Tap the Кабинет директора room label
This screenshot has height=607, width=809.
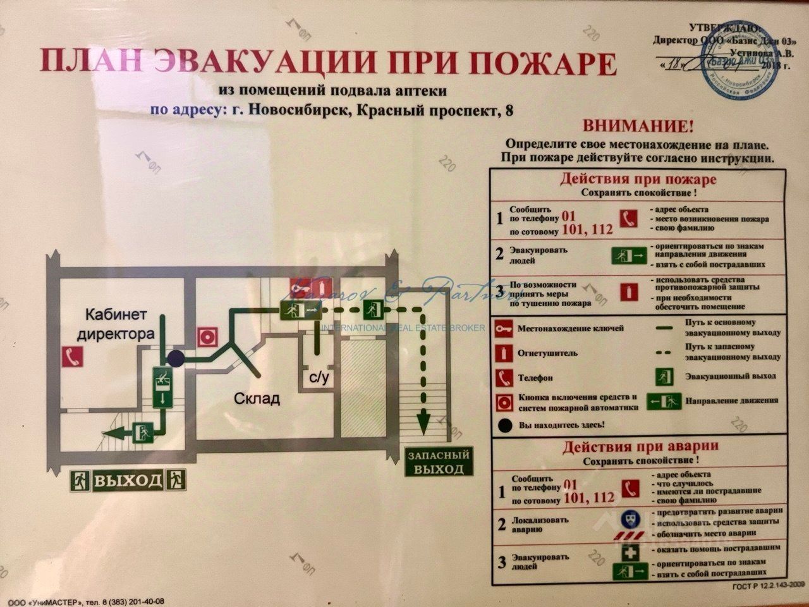116,323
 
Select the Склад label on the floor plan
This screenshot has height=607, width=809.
257,399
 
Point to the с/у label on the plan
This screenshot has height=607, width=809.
319,378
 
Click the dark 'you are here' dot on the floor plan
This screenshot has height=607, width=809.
176,359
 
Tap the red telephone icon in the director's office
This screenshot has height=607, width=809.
71,357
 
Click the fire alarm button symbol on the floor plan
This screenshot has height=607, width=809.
207,337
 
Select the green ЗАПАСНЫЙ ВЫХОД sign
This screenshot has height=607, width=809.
439,462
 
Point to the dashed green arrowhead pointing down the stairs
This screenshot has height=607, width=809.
423,419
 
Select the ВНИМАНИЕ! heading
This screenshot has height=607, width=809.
638,125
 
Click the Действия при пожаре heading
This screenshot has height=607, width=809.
638,179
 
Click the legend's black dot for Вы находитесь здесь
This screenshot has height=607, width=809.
505,426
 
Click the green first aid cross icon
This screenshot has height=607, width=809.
633,552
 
